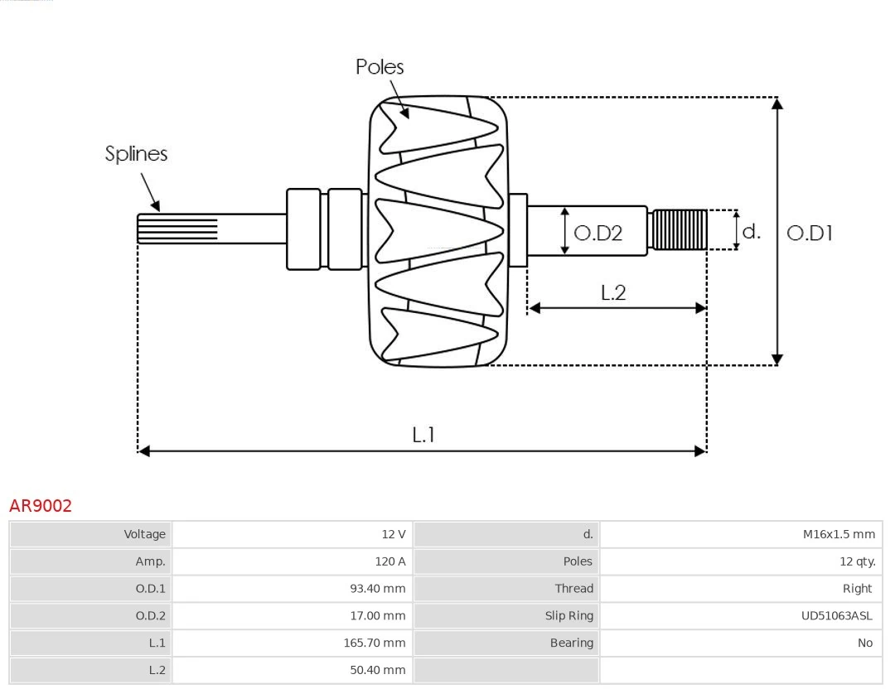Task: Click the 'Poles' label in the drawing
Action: (380, 67)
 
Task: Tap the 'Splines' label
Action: (136, 154)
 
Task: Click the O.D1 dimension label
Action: (809, 234)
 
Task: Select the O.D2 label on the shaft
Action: (597, 234)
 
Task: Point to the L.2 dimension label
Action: (612, 292)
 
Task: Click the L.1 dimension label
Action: (423, 435)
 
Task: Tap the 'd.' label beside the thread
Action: (751, 231)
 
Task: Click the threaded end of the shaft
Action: (680, 229)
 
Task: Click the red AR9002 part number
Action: (41, 506)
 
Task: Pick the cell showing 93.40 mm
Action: (377, 589)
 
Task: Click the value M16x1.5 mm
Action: (838, 535)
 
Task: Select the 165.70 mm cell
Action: (375, 643)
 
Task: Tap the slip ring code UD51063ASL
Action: (836, 616)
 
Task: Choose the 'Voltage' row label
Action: (144, 535)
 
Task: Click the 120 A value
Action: (389, 561)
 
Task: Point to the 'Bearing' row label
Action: (571, 643)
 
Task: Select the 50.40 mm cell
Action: (377, 670)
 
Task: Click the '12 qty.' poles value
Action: (857, 561)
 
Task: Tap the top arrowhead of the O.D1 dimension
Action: (776, 103)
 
